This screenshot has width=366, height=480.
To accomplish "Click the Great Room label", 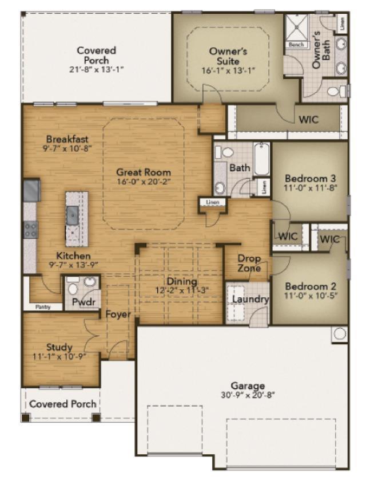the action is tap(144, 172).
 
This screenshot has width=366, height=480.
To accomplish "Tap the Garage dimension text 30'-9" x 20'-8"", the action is tap(248, 395).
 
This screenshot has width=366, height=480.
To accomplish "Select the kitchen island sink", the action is tap(73, 215).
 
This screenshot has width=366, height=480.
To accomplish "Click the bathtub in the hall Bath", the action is tap(262, 159).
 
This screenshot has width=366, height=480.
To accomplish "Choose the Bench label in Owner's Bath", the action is tap(296, 45).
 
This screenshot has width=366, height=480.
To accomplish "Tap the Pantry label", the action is tap(43, 307).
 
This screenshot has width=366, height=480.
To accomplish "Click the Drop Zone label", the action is tap(249, 263).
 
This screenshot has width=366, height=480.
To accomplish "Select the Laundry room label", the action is tap(250, 299).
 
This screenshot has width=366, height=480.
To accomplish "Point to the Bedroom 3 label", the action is tap(310, 178).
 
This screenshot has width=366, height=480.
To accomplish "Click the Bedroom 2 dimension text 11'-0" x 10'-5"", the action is tap(311, 296).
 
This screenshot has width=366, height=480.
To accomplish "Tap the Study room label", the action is tap(59, 347).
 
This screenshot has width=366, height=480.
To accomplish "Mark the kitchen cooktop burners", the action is tap(30, 230).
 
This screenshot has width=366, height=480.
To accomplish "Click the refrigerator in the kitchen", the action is tap(32, 190).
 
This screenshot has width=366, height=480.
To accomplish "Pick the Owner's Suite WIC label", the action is tap(309, 119).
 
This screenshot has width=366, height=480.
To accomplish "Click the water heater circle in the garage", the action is tap(340, 334).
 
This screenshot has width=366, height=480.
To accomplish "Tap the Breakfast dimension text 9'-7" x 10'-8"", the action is tap(67, 148).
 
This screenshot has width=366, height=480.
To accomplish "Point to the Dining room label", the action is tap(182, 281).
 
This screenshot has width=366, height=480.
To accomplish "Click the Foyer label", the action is tap(118, 314).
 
